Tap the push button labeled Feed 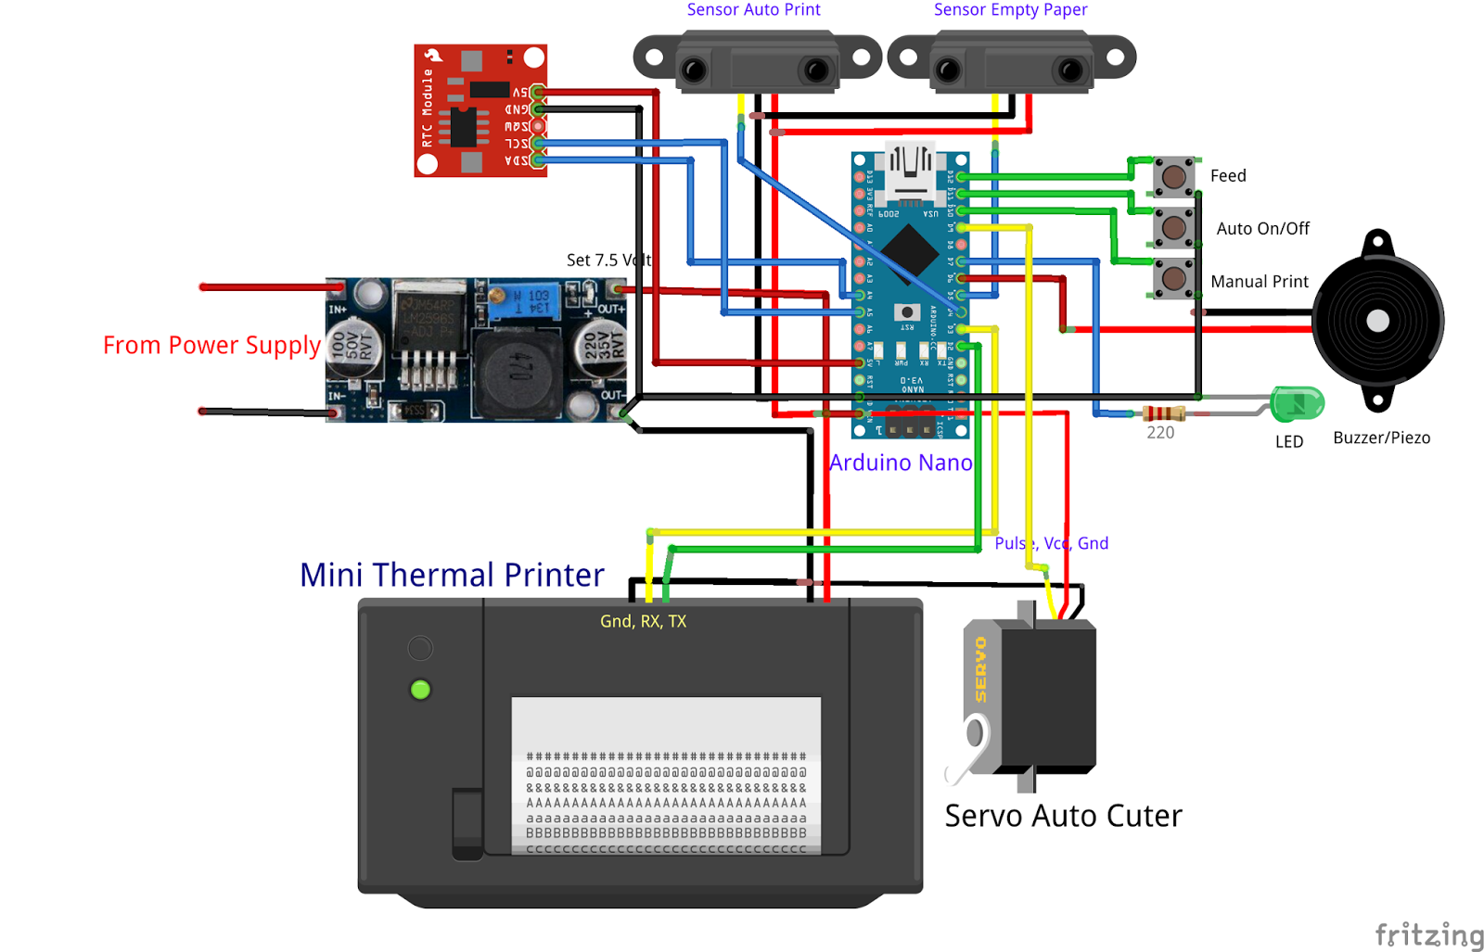[x=1173, y=176]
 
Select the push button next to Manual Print [x=1173, y=278]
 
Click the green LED [x=1296, y=403]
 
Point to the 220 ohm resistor [x=1162, y=413]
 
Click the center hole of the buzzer [x=1377, y=321]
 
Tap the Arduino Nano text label [x=900, y=463]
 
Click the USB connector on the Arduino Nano [x=910, y=172]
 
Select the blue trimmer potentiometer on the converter [x=524, y=302]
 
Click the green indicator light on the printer [x=420, y=690]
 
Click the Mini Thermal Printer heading [x=452, y=575]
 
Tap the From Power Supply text [x=211, y=345]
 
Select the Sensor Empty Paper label [x=1009, y=10]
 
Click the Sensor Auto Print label [x=753, y=10]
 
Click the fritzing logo [x=1428, y=934]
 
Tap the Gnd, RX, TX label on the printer [x=643, y=621]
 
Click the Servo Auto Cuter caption [x=1063, y=816]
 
